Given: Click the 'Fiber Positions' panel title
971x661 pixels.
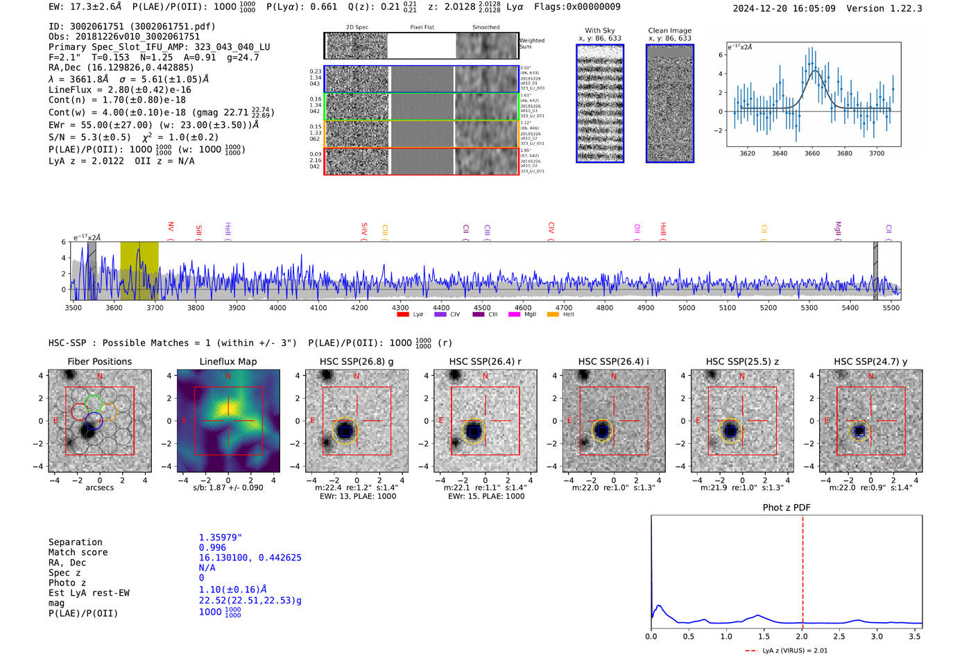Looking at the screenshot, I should [99, 361].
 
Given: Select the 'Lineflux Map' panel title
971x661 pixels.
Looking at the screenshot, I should [228, 361].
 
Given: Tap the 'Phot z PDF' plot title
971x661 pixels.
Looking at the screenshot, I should [787, 507].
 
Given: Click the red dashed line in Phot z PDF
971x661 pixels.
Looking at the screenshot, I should [802, 569].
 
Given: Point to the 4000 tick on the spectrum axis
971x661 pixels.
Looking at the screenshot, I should [277, 307].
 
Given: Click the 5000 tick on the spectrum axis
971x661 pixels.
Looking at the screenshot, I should [687, 307].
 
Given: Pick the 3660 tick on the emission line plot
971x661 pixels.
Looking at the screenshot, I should [812, 153].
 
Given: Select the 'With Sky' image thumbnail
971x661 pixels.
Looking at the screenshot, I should [600, 104].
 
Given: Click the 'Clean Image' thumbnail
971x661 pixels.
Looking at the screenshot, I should [669, 104].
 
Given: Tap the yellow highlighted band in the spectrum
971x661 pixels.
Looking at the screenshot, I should [139, 271].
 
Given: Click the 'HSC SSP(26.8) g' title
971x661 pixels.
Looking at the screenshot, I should [356, 361].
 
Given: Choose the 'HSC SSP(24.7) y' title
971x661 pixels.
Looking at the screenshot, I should [870, 361].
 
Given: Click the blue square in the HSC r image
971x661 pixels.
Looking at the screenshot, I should [474, 431].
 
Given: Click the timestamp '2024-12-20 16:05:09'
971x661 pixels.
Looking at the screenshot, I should [784, 8].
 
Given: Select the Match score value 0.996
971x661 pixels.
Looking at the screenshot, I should [212, 547].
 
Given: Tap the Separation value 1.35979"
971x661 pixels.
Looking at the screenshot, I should [220, 538].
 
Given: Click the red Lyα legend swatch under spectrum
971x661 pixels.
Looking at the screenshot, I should [402, 314].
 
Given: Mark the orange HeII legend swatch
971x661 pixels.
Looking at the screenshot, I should [553, 314].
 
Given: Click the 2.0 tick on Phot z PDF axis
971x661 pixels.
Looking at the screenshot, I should [801, 636].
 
